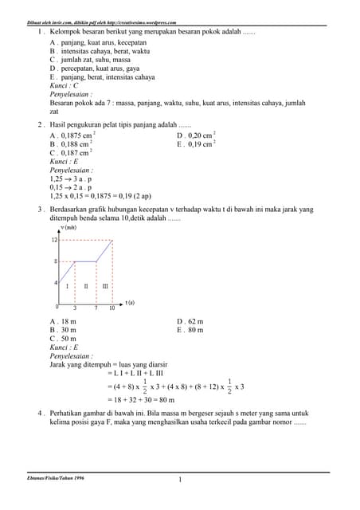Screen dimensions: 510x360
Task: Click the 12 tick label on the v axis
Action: (x=54, y=240)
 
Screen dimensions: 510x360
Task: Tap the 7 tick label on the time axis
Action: (x=96, y=308)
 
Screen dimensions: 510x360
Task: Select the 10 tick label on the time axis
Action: (x=112, y=308)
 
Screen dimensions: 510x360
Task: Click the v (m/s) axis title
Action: (x=68, y=228)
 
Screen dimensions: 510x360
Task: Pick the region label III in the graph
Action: (x=104, y=285)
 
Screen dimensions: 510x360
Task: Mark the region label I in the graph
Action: (x=68, y=285)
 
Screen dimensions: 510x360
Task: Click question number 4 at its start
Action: (x=40, y=414)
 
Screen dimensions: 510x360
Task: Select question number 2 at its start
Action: (x=40, y=125)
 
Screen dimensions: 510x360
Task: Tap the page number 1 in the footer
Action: (x=181, y=480)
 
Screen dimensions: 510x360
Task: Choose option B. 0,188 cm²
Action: (x=72, y=144)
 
